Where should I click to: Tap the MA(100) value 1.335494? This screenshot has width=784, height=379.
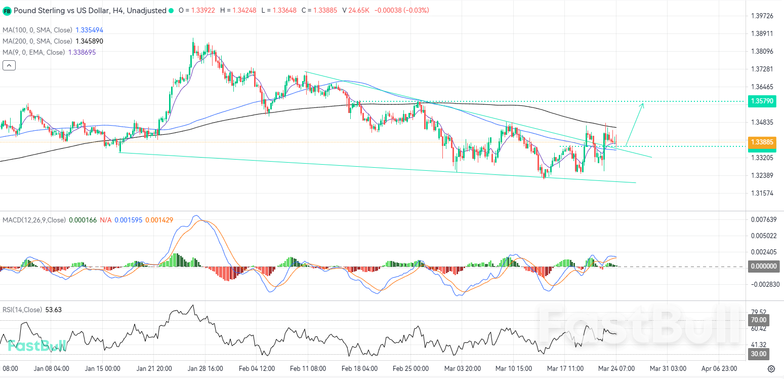[x=89, y=30]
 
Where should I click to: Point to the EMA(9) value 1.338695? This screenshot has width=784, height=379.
[x=81, y=53]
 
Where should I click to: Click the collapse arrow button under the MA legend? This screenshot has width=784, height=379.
[x=9, y=65]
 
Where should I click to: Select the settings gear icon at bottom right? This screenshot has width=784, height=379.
[x=771, y=368]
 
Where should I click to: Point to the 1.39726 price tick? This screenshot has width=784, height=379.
[x=762, y=16]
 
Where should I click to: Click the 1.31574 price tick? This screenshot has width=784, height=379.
[x=762, y=194]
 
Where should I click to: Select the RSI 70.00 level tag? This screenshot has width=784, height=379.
[x=758, y=320]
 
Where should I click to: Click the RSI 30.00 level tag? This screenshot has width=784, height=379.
[x=758, y=354]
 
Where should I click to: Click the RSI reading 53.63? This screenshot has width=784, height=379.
[x=53, y=310]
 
